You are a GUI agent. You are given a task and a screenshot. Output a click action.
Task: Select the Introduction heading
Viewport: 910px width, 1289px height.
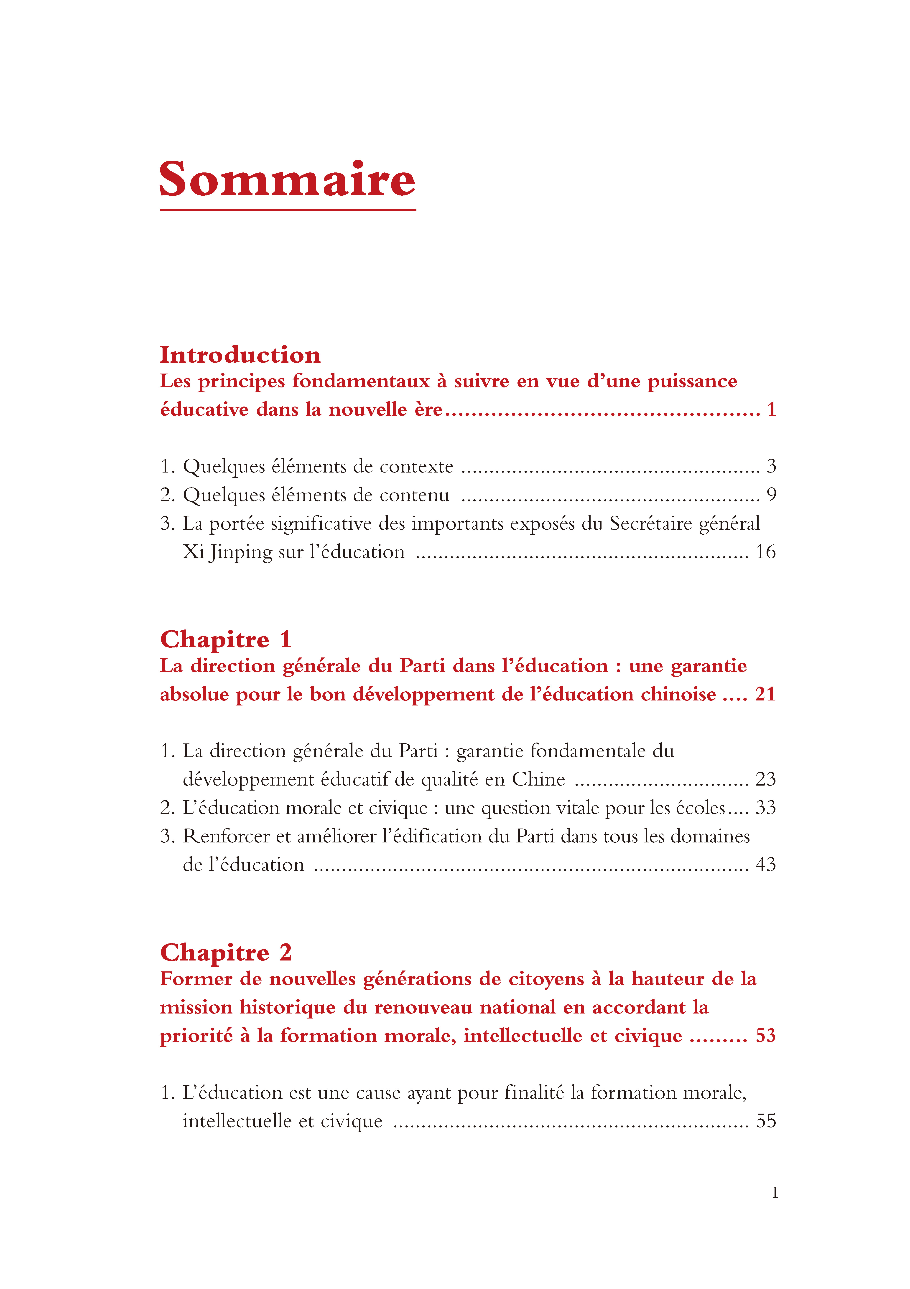240,355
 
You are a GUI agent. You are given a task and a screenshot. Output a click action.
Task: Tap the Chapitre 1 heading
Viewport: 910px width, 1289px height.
226,639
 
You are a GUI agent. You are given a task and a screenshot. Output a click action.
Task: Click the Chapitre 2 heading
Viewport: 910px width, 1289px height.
226,953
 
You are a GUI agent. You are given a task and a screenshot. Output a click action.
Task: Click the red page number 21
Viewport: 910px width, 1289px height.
765,695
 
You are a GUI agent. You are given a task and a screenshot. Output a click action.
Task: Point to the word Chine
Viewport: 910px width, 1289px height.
538,779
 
